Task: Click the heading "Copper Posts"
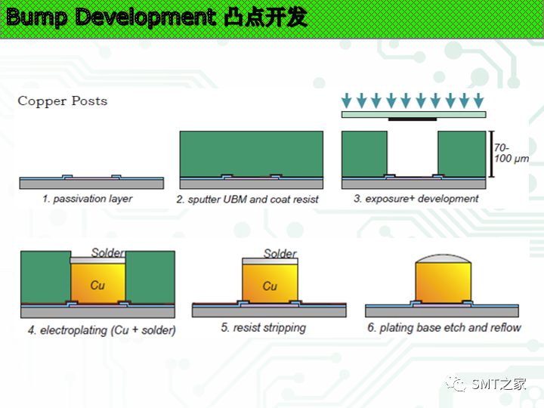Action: pyautogui.click(x=63, y=101)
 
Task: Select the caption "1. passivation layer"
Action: pyautogui.click(x=88, y=199)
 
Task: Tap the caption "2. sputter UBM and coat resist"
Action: pyautogui.click(x=248, y=199)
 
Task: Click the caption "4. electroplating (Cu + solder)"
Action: pyautogui.click(x=98, y=330)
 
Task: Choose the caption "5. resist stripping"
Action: pyautogui.click(x=264, y=328)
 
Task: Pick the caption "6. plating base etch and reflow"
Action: pyautogui.click(x=444, y=327)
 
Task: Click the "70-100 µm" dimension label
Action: pyautogui.click(x=510, y=153)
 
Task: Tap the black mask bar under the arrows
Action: pyautogui.click(x=413, y=119)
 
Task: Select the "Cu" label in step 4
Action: pyautogui.click(x=97, y=285)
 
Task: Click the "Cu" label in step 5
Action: pyautogui.click(x=270, y=286)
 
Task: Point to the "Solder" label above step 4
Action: pyautogui.click(x=108, y=252)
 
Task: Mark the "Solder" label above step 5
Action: pyautogui.click(x=280, y=254)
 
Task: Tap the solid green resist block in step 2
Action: pyautogui.click(x=251, y=154)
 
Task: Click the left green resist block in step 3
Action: pyautogui.click(x=364, y=154)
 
